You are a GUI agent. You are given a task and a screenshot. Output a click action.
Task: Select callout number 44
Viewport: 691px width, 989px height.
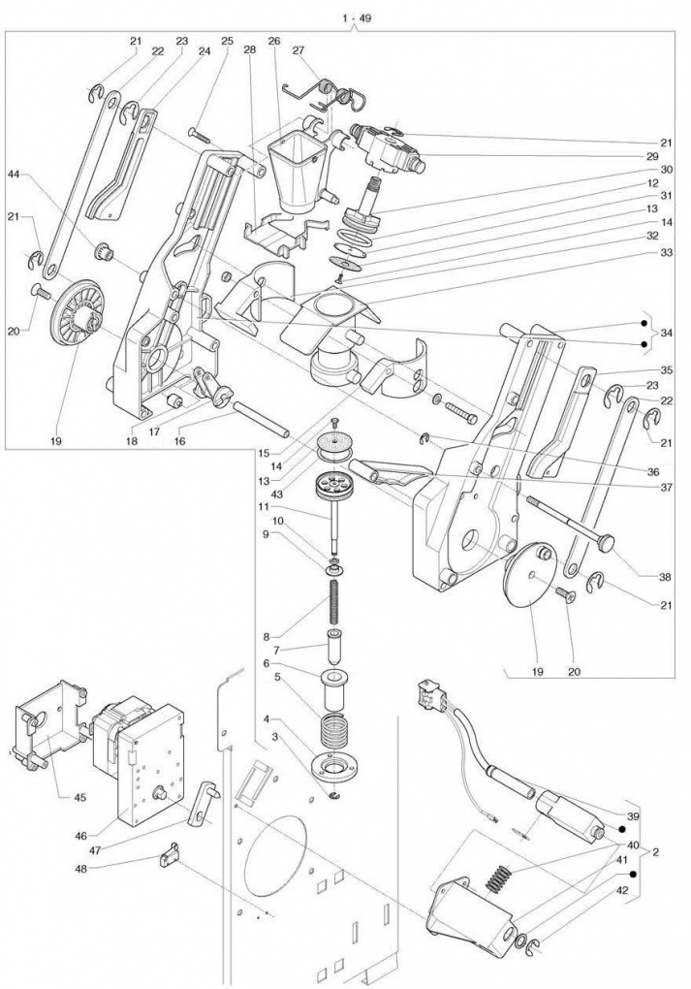tap(14, 175)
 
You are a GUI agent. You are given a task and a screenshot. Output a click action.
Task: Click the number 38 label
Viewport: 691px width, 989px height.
tap(665, 576)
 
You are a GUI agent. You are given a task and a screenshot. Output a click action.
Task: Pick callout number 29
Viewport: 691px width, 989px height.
tap(652, 156)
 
